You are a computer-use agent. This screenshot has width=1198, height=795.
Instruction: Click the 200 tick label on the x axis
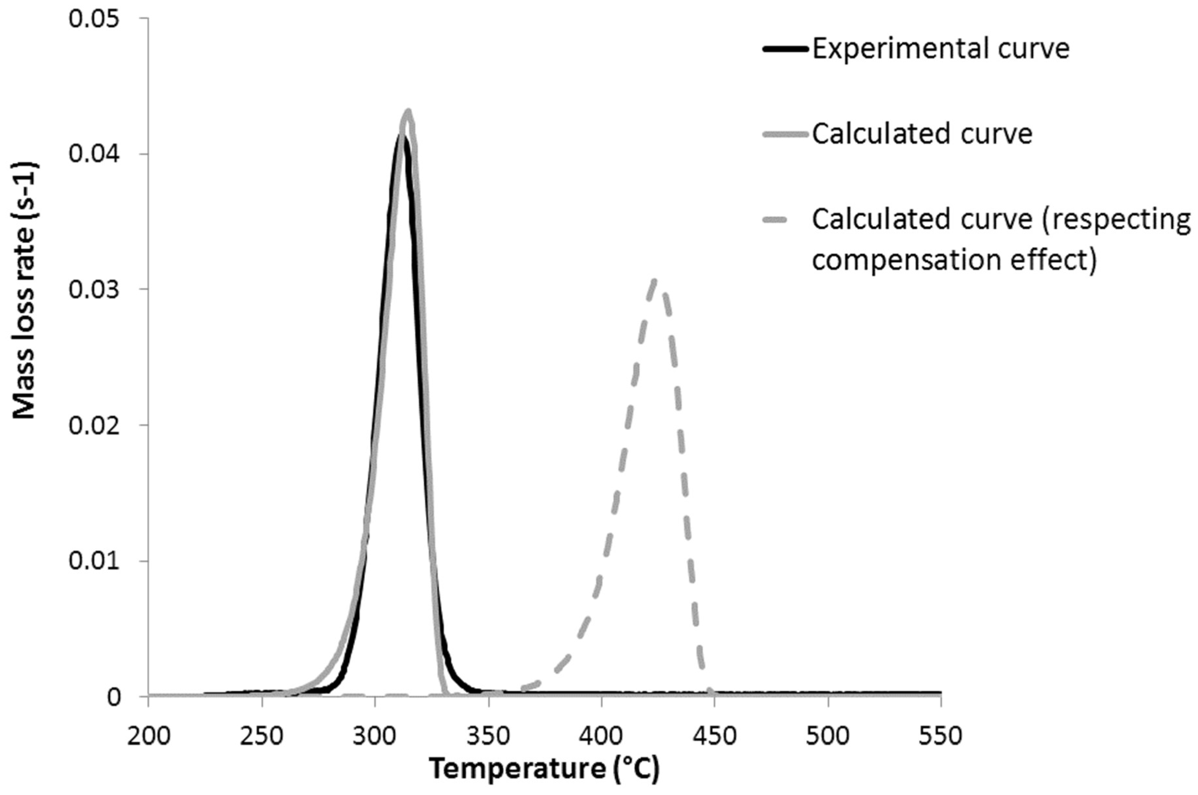point(149,736)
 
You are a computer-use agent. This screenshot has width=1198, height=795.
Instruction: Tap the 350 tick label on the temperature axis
point(488,736)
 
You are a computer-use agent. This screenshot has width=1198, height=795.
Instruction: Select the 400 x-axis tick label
point(601,736)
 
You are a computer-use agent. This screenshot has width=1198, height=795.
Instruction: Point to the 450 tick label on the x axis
point(714,736)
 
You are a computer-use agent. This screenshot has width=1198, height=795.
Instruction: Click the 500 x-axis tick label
point(828,736)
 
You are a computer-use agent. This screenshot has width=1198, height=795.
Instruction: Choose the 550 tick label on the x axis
point(941,736)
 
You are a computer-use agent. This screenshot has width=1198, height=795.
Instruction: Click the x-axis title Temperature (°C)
point(544,769)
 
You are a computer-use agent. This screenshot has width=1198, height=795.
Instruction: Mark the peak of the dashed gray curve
point(655,281)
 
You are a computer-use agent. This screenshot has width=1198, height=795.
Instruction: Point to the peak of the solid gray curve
point(408,110)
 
